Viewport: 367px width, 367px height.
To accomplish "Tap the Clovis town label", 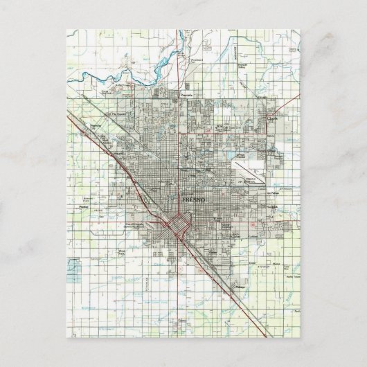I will tap(272, 118).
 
